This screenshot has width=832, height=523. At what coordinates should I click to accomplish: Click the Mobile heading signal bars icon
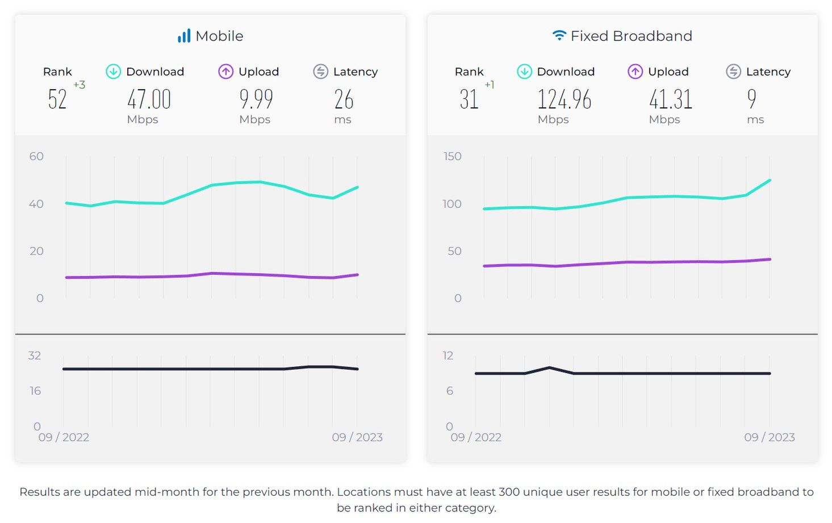(x=184, y=36)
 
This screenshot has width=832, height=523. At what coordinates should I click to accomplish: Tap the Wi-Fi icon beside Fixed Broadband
(x=559, y=36)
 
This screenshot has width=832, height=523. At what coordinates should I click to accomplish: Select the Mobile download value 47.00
(x=149, y=99)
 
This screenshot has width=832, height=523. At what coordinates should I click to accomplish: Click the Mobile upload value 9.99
(x=256, y=99)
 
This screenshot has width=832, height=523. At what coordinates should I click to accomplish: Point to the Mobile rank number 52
(x=57, y=99)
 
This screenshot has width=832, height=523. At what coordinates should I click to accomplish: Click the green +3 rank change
(x=79, y=85)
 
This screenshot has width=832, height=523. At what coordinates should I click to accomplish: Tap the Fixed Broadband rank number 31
(x=469, y=99)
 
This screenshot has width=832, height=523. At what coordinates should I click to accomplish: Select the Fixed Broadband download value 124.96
(x=564, y=99)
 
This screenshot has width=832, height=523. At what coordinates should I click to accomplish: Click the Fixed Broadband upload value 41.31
(x=671, y=99)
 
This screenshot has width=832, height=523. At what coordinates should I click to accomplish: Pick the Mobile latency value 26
(x=344, y=99)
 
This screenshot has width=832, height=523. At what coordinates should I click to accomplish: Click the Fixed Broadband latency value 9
(x=752, y=99)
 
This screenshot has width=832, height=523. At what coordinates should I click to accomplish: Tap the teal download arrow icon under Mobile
(x=114, y=72)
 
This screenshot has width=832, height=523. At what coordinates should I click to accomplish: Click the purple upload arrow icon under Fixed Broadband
(x=635, y=72)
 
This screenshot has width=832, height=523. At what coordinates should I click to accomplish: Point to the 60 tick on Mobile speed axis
(x=36, y=156)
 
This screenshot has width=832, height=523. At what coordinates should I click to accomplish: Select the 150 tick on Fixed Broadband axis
(x=452, y=156)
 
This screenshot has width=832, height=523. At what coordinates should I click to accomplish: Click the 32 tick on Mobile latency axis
(x=35, y=355)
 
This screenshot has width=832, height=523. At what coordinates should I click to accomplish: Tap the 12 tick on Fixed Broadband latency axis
(x=448, y=355)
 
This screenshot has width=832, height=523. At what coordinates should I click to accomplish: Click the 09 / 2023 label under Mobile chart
(x=357, y=437)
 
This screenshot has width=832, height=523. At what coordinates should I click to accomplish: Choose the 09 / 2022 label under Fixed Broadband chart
(x=476, y=437)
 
